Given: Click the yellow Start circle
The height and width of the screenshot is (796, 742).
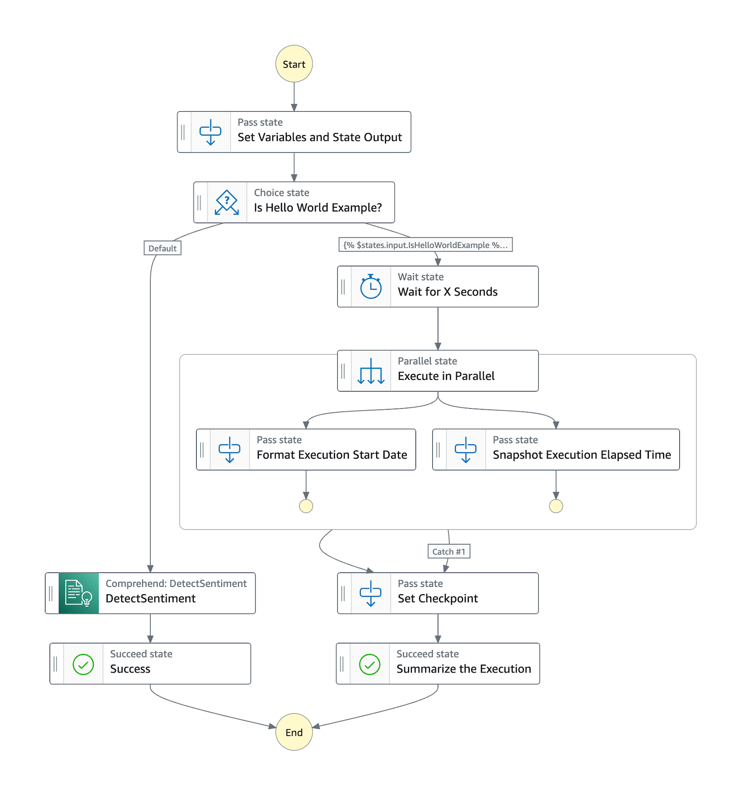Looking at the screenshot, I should (294, 64).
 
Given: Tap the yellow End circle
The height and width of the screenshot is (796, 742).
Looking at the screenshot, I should (294, 732).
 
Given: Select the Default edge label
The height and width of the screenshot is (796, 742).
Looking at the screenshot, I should (162, 248).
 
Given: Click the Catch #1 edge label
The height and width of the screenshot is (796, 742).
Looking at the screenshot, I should (448, 551).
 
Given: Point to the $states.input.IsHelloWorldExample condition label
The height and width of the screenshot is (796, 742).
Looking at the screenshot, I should (425, 245).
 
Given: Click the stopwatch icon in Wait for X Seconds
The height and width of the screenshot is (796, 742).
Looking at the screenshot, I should (371, 287).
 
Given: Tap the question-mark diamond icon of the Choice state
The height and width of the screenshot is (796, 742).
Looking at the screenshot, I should (227, 202).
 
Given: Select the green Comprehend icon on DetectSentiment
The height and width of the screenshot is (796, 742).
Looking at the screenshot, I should (78, 593).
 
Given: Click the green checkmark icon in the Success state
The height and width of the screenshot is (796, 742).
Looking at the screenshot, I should (83, 664).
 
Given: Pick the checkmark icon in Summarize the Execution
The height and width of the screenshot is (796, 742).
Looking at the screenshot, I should (370, 664).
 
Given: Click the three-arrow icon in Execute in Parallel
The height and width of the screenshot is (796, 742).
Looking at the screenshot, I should (371, 371).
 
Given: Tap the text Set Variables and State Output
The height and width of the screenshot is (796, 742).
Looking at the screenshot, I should (320, 137).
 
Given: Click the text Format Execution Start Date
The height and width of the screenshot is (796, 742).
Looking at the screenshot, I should (332, 455).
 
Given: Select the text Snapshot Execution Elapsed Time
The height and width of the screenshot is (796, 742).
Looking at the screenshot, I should (582, 455).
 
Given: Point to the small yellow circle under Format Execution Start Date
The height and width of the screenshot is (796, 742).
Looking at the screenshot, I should (306, 506).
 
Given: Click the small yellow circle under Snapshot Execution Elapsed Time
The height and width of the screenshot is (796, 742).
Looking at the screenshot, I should (556, 506).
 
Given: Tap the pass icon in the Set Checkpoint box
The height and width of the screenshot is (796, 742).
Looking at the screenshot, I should (371, 593).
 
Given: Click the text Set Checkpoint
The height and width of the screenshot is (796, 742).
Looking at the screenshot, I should (437, 598).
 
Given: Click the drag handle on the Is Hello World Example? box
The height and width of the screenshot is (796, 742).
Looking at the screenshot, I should (199, 202).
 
